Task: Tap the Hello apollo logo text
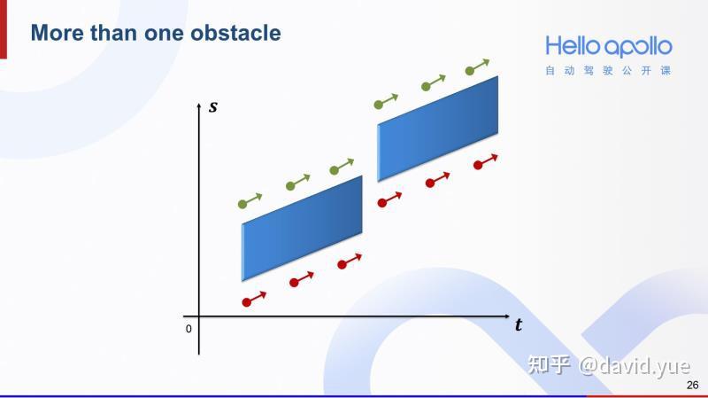[x=608, y=46]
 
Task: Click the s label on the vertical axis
[x=212, y=108]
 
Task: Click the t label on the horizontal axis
[x=518, y=325]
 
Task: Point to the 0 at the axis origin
[x=189, y=329]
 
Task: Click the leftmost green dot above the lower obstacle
[x=242, y=205]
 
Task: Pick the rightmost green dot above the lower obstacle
[x=334, y=170]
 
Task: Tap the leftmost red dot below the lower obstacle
[x=247, y=302]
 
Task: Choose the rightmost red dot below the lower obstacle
[x=342, y=264]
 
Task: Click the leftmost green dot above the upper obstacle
[x=379, y=105]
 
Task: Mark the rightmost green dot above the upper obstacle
[x=470, y=70]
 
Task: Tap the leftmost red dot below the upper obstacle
[x=382, y=203]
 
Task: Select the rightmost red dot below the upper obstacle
[x=478, y=165]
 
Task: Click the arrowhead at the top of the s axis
[x=199, y=107]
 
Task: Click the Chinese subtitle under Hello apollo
[x=608, y=70]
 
